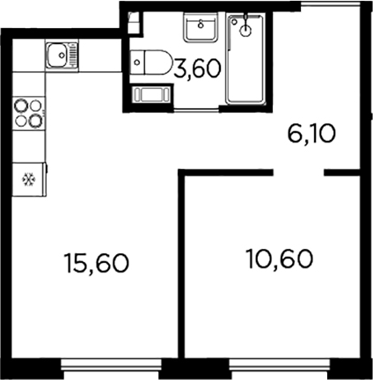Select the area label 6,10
pyautogui.click(x=311, y=135)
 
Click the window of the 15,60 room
pyautogui.click(x=109, y=363)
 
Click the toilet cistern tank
pyautogui.click(x=136, y=63)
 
